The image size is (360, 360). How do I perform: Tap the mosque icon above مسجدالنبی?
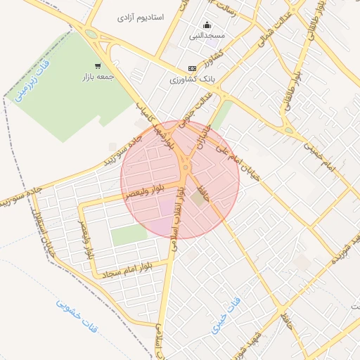point(207,24)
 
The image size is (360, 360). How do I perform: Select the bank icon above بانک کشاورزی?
point(192,68)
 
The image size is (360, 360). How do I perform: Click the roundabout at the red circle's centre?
point(185,167)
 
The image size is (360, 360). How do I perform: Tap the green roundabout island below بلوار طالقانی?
point(288,129)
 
